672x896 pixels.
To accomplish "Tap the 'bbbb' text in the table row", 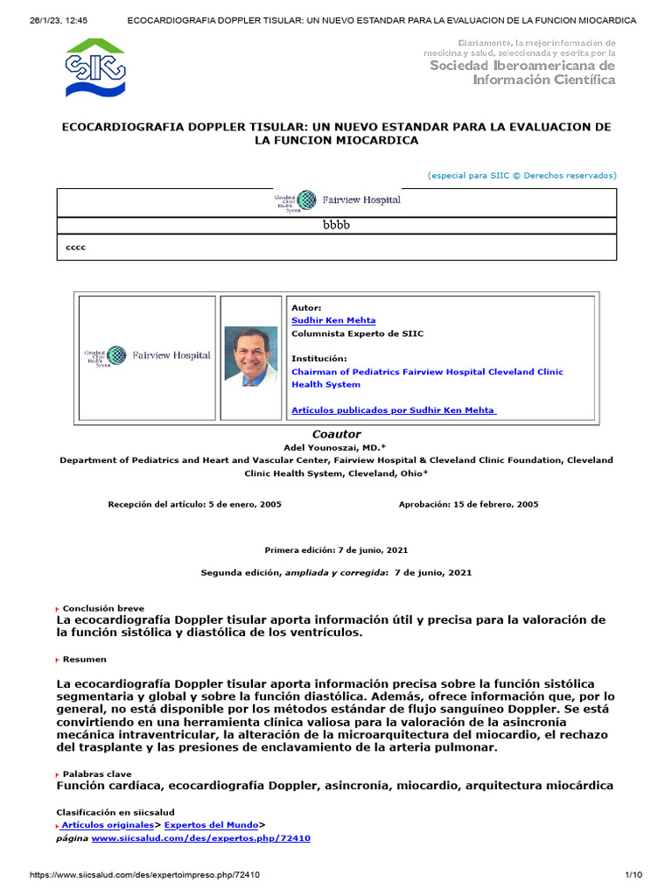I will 336,225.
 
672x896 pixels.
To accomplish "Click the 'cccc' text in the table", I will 76,247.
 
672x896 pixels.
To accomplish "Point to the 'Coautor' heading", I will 336,434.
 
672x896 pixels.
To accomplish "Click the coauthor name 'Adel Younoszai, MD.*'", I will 336,446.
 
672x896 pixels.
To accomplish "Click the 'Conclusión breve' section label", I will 103,608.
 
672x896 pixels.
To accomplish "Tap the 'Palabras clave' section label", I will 96,774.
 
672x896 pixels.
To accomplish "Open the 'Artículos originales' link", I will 106,824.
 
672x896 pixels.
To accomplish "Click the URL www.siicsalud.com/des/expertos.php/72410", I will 200,838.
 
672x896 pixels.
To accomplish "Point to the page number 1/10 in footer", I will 633,875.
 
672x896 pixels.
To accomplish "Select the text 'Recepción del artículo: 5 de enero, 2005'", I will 194,504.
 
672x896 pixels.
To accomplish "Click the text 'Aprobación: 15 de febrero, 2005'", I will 468,504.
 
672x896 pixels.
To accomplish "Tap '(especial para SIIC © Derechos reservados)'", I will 521,175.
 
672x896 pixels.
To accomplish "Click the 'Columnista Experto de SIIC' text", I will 357,333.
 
